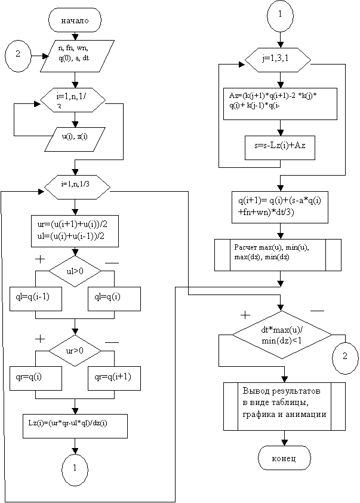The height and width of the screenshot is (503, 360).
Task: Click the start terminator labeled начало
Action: tap(74, 20)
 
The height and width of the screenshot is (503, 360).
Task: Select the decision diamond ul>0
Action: tap(75, 271)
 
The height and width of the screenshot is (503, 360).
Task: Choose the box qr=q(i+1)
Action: tap(113, 377)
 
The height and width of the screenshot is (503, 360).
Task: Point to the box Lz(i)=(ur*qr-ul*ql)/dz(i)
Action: tap(75, 422)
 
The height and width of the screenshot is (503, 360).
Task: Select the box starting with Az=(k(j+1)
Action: tap(280, 104)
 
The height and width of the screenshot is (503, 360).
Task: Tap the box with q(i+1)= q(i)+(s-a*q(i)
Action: tap(280, 206)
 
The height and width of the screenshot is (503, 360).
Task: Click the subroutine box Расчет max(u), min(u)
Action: tap(278, 254)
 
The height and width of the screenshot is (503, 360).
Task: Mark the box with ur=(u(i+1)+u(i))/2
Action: tap(75, 230)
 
